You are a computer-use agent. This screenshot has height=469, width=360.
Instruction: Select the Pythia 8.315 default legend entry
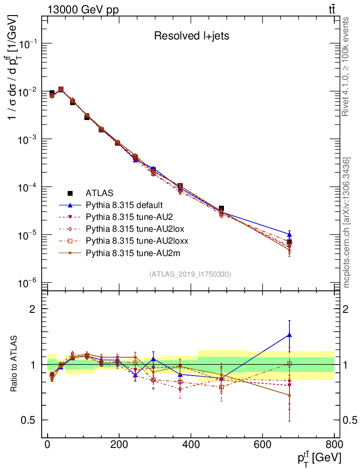pos(125,205)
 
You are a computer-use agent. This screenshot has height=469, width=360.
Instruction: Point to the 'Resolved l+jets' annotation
pos(191,36)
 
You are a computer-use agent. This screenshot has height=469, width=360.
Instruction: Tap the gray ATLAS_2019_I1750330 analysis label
pos(190,274)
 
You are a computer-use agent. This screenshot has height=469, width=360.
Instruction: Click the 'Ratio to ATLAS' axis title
pos(14,364)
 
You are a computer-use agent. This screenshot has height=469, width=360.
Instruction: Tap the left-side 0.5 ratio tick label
pos(29,420)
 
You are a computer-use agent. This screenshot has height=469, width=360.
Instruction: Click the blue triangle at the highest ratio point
pos(289,335)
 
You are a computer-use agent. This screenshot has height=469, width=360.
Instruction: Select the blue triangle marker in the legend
pos(68,205)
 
